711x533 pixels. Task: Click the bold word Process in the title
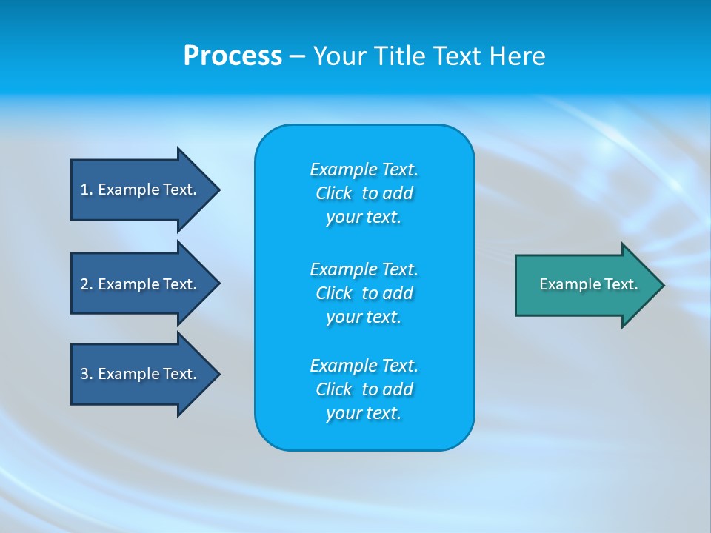click(x=233, y=56)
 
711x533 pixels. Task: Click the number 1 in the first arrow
click(x=84, y=190)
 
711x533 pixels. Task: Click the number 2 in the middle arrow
click(x=84, y=284)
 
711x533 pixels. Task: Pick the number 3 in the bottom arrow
click(x=84, y=374)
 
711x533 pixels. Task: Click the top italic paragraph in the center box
click(x=364, y=193)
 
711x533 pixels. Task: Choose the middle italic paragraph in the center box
click(x=364, y=292)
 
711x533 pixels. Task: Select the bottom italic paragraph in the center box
click(x=364, y=389)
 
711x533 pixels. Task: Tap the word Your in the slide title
click(x=338, y=56)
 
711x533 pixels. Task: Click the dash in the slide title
click(x=297, y=56)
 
